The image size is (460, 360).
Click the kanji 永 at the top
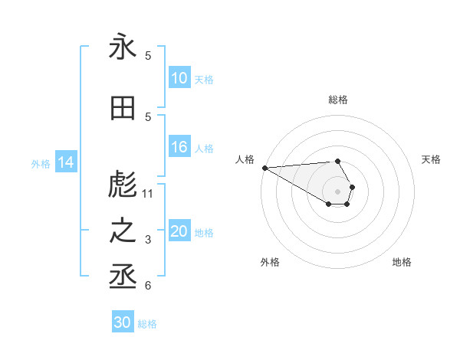coord(123,47)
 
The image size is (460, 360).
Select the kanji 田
coord(123,109)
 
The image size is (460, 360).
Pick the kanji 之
coord(123,232)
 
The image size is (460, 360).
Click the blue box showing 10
coord(179,78)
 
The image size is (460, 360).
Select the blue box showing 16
coord(179,148)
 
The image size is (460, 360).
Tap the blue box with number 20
coord(179,232)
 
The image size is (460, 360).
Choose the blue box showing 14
coord(66,162)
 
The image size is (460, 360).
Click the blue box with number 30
coord(123,323)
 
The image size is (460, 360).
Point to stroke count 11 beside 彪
coord(148,194)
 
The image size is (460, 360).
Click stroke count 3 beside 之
coord(148,240)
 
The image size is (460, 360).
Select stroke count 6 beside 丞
coord(148,286)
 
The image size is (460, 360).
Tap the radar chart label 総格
coord(337,100)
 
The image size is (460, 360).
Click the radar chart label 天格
coord(431,159)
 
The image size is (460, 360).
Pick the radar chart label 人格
coord(245,159)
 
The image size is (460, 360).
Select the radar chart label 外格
coord(270,262)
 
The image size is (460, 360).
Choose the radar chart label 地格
coord(402,262)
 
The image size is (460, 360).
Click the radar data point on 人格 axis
coord(264,168)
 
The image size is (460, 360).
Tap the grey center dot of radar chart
coord(337,191)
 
